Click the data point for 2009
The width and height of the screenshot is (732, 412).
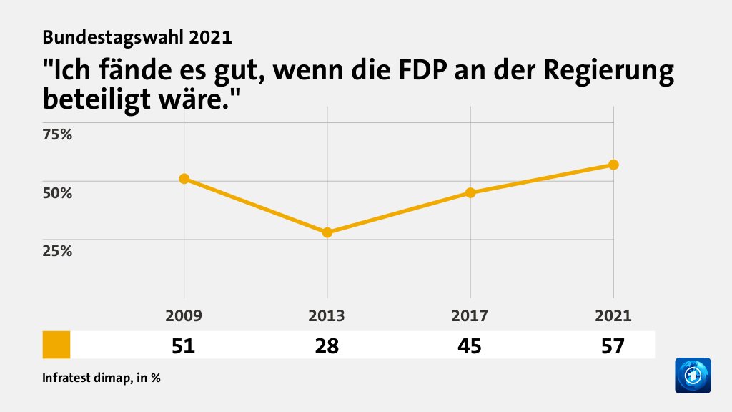coord(184,179)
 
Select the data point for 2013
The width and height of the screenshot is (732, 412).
coord(327,232)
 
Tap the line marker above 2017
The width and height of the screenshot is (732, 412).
coord(470,192)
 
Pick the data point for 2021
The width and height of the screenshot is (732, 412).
coord(613,165)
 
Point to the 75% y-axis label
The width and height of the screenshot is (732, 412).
coord(58,134)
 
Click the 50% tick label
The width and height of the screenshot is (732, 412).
coord(58,193)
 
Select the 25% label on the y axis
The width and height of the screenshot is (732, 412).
coord(58,251)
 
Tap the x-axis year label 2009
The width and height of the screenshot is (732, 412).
coord(184,316)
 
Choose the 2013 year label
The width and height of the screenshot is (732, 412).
coord(327,316)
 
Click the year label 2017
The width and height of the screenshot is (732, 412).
coord(470,316)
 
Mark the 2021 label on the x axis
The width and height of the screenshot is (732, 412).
coord(613,316)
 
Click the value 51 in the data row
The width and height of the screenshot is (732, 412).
coord(184,346)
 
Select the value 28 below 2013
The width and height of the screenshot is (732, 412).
coord(327,346)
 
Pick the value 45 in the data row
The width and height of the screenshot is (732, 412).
coord(470,346)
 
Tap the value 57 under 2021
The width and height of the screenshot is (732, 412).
coord(613,346)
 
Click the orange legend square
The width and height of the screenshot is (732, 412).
coord(56,345)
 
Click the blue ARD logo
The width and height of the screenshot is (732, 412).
coord(693,376)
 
